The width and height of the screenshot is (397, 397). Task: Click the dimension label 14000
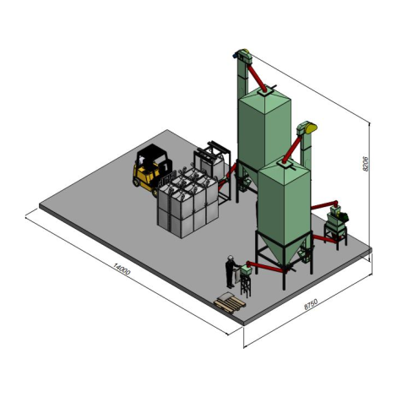[x=122, y=269]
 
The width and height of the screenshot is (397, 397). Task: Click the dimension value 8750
[x=311, y=304]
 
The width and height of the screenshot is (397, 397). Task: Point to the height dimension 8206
[x=366, y=164]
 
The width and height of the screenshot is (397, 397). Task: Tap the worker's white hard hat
[x=231, y=258]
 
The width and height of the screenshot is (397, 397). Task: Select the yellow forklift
[x=151, y=169]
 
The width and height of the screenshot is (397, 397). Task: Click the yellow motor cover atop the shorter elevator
[x=312, y=128]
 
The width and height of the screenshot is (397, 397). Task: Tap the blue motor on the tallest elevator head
[x=234, y=56]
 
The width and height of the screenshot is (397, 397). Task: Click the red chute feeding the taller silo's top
[x=257, y=78]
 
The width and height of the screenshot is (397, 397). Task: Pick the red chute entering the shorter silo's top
[x=293, y=149]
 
